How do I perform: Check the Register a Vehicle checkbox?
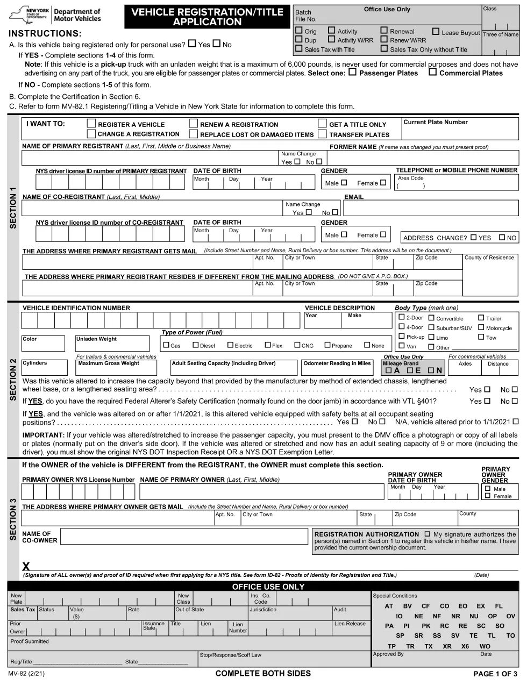click(x=91, y=124)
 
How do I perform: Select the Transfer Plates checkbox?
click(x=322, y=134)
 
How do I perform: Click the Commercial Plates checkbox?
click(x=432, y=72)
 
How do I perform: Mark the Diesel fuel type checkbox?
click(x=196, y=345)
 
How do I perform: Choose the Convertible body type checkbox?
click(x=431, y=318)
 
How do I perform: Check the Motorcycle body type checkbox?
click(x=481, y=327)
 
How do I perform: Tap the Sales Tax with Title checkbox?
click(x=299, y=49)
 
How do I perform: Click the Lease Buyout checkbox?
click(x=436, y=32)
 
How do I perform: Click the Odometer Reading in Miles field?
click(x=337, y=370)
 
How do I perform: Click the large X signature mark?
click(x=26, y=566)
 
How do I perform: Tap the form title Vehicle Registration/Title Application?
click(x=207, y=17)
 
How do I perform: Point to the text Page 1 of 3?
click(x=495, y=674)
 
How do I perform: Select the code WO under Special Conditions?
click(x=485, y=646)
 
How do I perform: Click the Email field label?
click(x=354, y=197)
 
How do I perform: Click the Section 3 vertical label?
click(x=13, y=519)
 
